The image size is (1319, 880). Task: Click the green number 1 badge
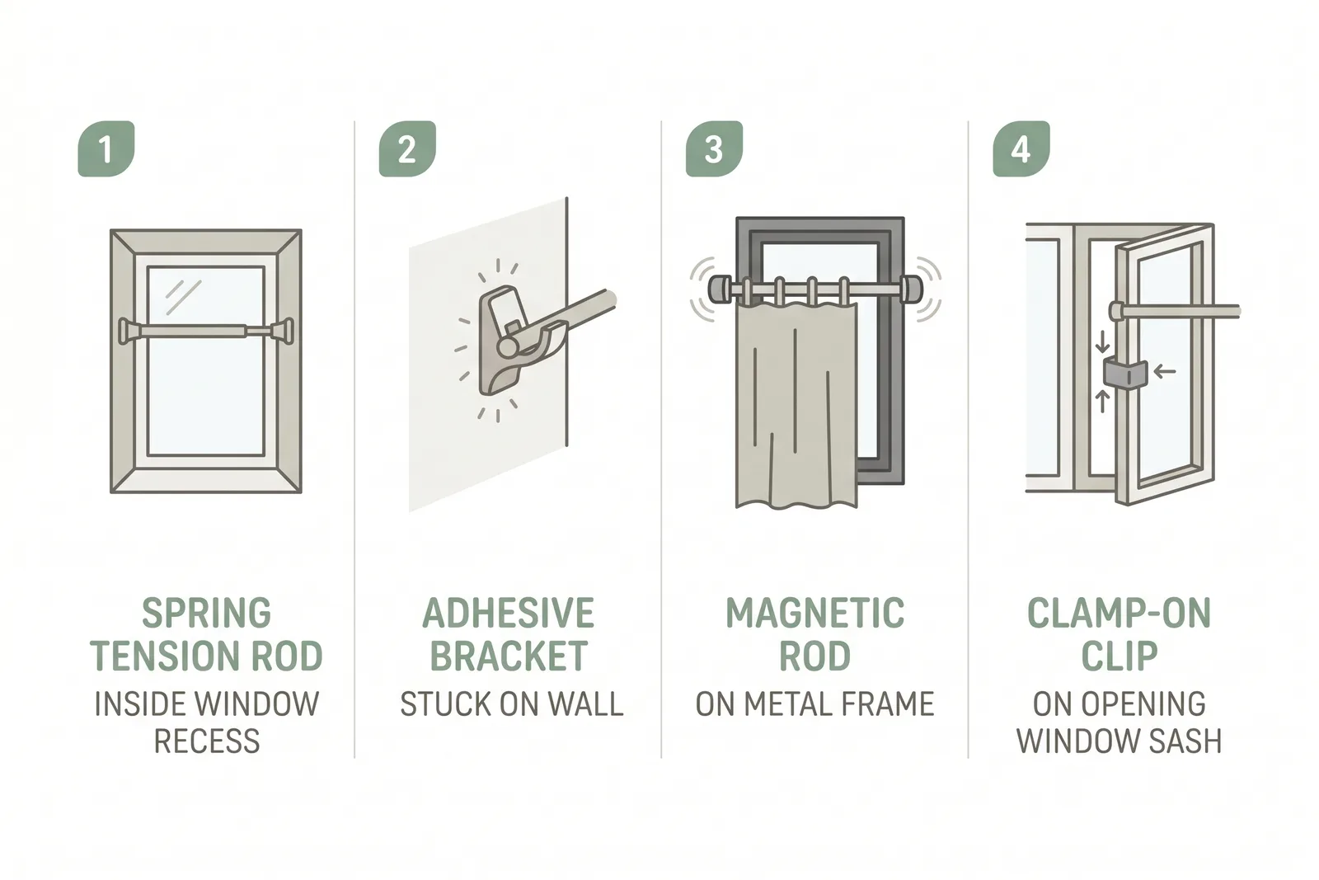[106, 148]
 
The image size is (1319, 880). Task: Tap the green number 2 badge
[407, 148]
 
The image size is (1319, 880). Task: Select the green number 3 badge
[714, 148]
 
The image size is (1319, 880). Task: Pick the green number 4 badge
[1021, 148]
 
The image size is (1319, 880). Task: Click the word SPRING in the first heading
[207, 613]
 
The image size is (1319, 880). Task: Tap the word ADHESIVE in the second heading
[509, 613]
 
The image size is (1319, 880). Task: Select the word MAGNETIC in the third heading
[815, 613]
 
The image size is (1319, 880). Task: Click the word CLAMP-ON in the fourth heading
[1120, 613]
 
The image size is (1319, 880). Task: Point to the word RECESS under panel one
[207, 741]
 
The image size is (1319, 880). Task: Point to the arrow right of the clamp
[1165, 371]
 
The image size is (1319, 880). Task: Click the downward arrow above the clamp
[1103, 341]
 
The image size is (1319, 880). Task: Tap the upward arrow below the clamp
[1103, 402]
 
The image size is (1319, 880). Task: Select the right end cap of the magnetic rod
[913, 289]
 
